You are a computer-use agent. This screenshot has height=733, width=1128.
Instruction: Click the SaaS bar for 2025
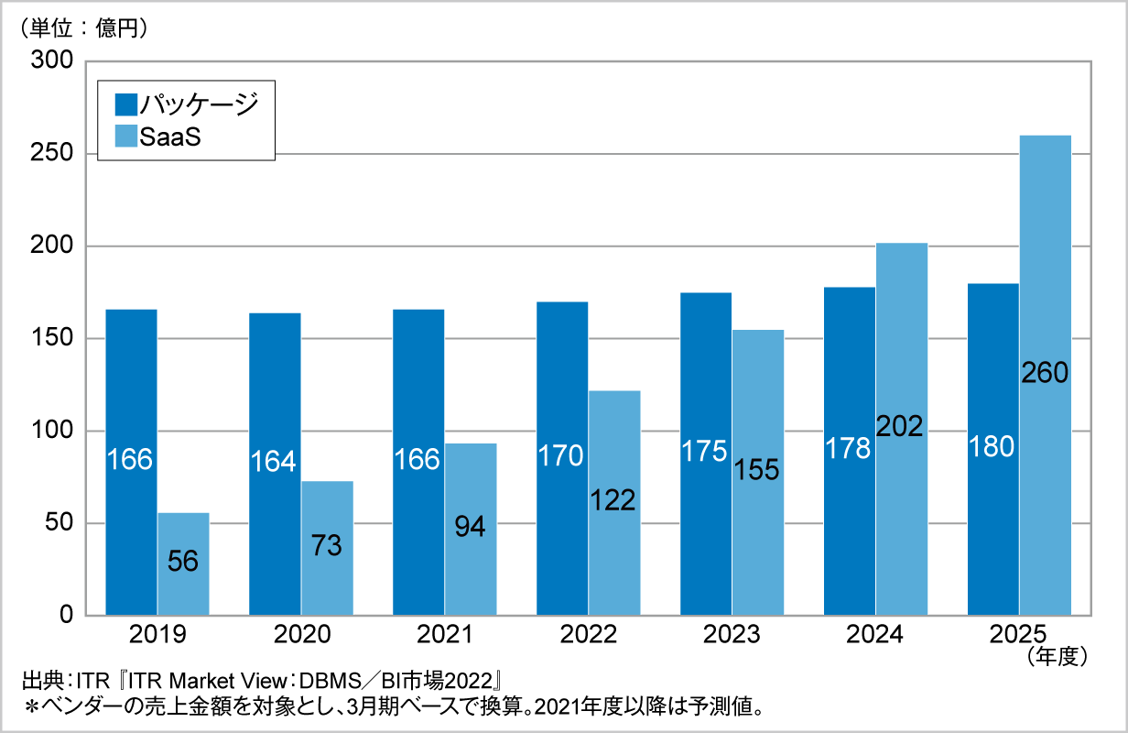[1045, 275]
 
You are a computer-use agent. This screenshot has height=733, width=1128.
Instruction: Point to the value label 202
[901, 425]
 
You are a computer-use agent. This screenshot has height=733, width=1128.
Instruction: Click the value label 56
[183, 561]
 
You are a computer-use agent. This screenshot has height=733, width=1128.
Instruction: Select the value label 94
[471, 527]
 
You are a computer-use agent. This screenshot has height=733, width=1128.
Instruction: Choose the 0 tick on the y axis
[66, 615]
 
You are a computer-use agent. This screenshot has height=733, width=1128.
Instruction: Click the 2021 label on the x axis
[445, 635]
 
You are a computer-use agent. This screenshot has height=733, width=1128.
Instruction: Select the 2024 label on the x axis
[875, 635]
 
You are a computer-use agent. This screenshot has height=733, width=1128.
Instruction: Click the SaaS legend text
[170, 138]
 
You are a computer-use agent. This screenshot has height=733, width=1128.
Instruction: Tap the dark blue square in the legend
[126, 104]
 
